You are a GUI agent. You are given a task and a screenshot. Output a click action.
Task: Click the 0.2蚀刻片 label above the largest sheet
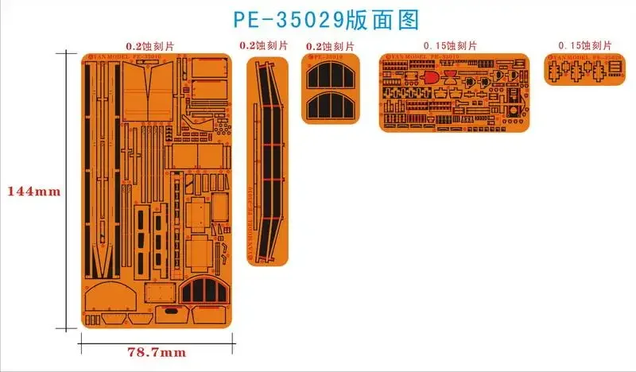[x=154, y=46]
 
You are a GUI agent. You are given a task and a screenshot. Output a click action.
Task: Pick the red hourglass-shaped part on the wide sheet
[x=451, y=76]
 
